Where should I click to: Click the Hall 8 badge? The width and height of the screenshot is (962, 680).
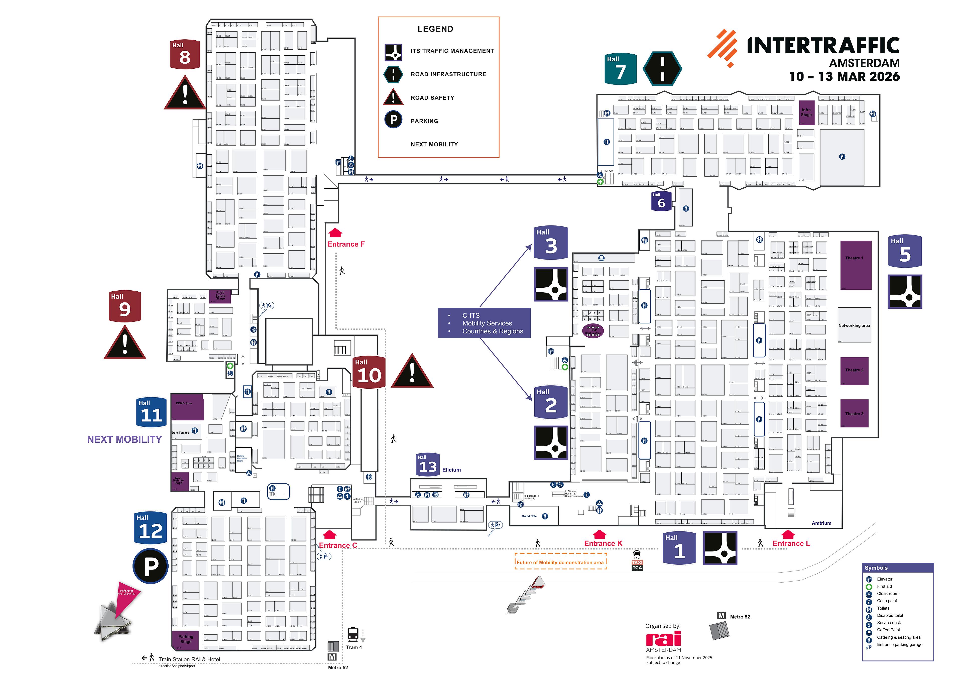[184, 54]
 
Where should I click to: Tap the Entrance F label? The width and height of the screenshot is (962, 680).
[346, 244]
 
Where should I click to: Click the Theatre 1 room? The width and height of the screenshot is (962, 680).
[856, 265]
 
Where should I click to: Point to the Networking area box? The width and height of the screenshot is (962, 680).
[854, 325]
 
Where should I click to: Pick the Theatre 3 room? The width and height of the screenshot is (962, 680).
[854, 413]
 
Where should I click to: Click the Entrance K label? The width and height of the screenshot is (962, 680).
[603, 543]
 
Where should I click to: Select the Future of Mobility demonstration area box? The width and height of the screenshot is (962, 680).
[560, 562]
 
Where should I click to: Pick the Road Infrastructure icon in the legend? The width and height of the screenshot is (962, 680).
[393, 74]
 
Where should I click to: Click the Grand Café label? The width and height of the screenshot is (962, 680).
[529, 516]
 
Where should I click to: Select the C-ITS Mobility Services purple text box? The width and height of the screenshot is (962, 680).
[484, 323]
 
